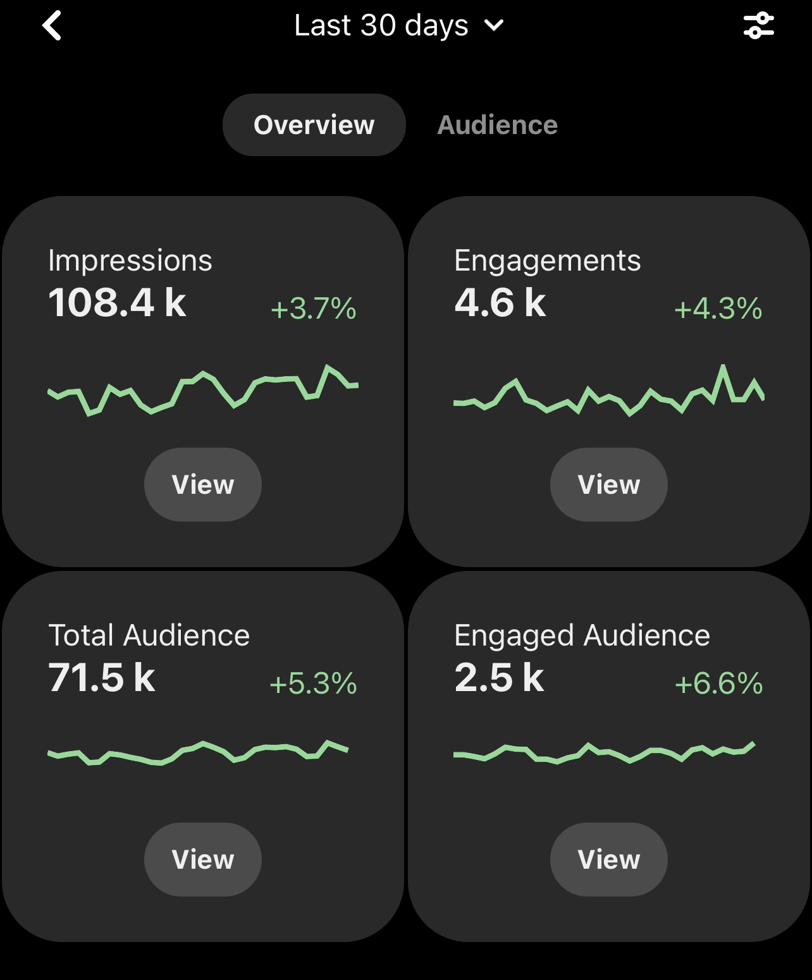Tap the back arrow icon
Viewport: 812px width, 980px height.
coord(52,26)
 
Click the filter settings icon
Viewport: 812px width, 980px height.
coord(758,26)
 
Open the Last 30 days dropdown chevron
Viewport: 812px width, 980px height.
coord(494,26)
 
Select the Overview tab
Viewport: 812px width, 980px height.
coord(314,125)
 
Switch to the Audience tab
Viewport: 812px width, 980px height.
coord(498,125)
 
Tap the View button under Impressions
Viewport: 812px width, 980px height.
coord(203,485)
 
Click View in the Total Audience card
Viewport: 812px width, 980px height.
coord(203,860)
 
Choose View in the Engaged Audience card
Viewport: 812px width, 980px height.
coord(609,860)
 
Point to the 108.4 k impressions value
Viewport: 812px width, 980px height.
coord(118,302)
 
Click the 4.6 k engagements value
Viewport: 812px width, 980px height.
coord(500,302)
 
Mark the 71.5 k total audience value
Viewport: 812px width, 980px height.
coord(102,677)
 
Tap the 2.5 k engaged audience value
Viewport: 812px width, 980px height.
coord(499,677)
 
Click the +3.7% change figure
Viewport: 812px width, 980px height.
coord(314,309)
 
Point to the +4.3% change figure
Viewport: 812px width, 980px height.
coord(718,309)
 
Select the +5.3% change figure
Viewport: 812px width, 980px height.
coord(314,683)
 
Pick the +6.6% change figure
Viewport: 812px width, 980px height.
coord(719,683)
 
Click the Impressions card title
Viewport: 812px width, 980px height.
coord(130,260)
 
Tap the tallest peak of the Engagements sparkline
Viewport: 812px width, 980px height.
coord(723,367)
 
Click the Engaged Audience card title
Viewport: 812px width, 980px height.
coord(582,635)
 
